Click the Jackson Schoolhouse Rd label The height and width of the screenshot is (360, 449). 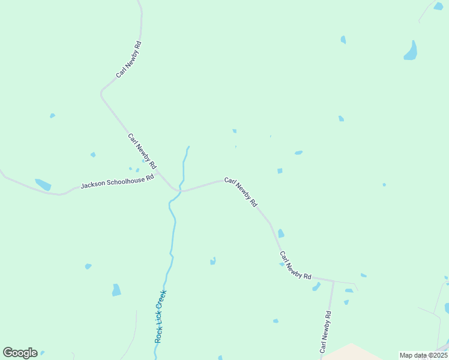[117, 182]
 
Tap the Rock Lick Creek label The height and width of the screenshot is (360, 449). [160, 316]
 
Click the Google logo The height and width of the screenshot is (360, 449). [20, 353]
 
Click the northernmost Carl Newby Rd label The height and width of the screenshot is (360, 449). [129, 59]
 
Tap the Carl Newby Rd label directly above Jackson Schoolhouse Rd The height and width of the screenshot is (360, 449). [142, 151]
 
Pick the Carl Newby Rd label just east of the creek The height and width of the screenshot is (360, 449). [241, 192]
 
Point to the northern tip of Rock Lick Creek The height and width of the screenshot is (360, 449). [188, 147]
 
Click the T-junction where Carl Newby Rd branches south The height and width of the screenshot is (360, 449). [333, 281]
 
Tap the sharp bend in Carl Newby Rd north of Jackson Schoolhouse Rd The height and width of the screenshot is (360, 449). [101, 94]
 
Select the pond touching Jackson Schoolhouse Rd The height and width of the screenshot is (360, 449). [43, 185]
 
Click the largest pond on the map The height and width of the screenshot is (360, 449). [411, 51]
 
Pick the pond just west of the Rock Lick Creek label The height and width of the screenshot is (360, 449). [116, 290]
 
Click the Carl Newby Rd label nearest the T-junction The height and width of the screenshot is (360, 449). [295, 266]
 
